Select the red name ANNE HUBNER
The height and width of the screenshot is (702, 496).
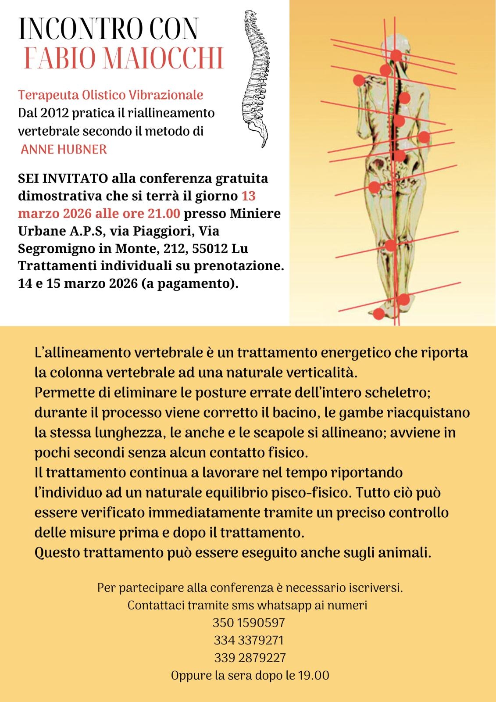[x=64, y=149]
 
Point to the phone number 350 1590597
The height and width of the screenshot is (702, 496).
[x=249, y=623]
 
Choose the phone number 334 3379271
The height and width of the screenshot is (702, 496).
[x=249, y=640]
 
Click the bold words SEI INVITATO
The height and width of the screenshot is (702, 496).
[x=63, y=179]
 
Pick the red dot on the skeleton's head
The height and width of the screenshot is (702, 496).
[x=396, y=55]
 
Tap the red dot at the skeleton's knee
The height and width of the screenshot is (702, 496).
[x=390, y=245]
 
